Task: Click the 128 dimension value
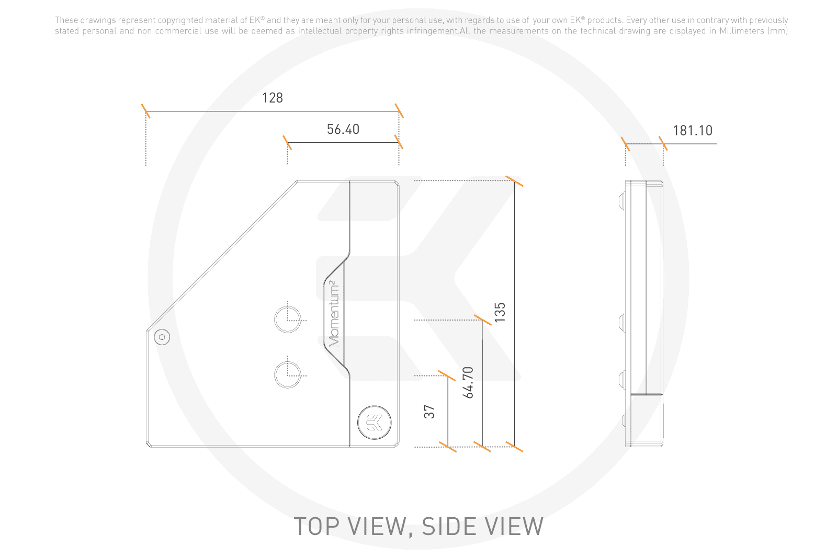point(273,98)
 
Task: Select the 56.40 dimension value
point(343,129)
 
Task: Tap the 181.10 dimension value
point(693,130)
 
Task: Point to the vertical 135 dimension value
point(500,312)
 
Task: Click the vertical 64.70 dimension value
point(468,382)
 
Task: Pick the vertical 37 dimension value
point(429,412)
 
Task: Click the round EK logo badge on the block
point(374,423)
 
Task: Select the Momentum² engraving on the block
point(334,314)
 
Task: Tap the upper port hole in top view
point(288,320)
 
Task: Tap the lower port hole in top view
point(288,375)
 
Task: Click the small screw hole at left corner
point(162,337)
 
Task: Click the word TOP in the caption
point(317,526)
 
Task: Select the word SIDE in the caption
point(448,526)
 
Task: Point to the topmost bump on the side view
point(622,202)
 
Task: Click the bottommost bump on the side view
point(624,420)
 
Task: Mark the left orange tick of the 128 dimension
point(146,111)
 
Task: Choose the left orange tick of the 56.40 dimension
point(287,142)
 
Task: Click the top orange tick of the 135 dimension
point(514,181)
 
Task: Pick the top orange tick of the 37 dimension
point(447,375)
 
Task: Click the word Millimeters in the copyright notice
point(742,31)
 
